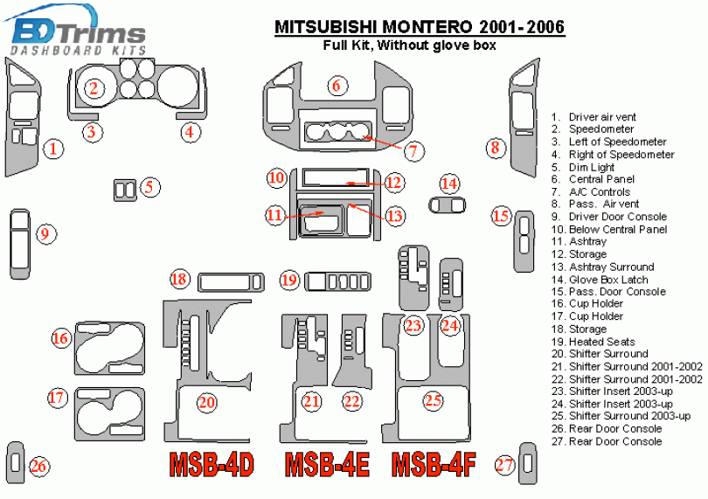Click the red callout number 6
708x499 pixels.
tap(337, 86)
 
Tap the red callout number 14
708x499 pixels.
tap(449, 184)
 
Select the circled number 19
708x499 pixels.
tap(289, 280)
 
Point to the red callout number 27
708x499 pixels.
tap(505, 465)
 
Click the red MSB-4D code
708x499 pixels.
tap(212, 464)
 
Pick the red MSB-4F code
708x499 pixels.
tap(434, 464)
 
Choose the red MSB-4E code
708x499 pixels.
tap(328, 464)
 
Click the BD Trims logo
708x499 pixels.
tap(75, 31)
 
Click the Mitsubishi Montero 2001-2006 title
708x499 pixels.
tap(420, 27)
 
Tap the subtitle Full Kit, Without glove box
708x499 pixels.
tap(410, 45)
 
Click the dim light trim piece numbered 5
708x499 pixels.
tap(125, 191)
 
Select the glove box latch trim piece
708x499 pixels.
tap(447, 206)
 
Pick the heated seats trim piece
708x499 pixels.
tap(338, 281)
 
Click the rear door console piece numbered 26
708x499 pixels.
tap(16, 463)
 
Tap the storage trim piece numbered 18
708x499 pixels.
tap(231, 282)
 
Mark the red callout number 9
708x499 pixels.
tap(46, 234)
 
